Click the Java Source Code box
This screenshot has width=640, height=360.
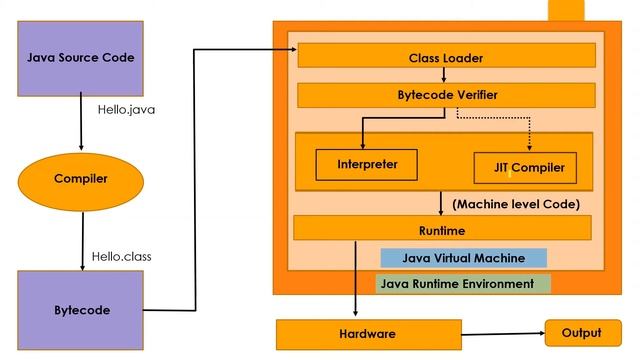pos(80,57)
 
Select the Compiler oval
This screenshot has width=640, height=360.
pos(80,179)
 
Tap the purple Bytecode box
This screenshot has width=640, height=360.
pos(80,310)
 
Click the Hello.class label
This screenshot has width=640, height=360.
pos(121,256)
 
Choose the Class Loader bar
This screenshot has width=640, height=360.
pos(439,58)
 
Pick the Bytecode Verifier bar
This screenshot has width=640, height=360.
pos(439,95)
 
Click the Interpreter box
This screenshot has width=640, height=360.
pos(365,163)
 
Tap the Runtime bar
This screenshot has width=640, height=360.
pos(439,229)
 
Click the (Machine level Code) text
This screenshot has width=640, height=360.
pos(516,204)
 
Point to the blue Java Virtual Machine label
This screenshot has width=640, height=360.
pos(463,258)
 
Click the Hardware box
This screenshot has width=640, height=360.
pos(368,334)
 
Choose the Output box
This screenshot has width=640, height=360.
pos(581,333)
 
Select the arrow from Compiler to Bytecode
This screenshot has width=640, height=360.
pos(80,240)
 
